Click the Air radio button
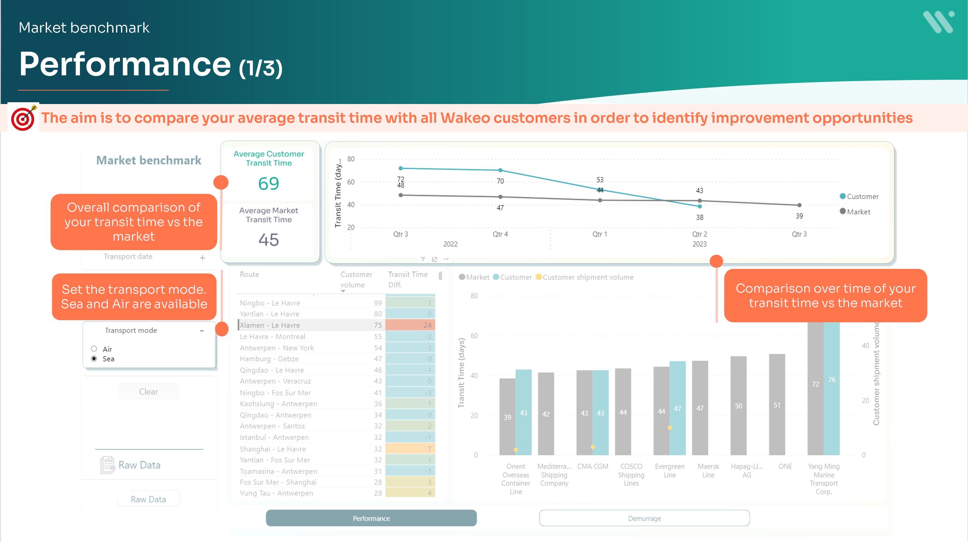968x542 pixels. pyautogui.click(x=94, y=349)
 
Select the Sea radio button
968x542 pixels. pyautogui.click(x=94, y=359)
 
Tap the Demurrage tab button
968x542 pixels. pyautogui.click(x=644, y=518)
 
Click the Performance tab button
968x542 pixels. pyautogui.click(x=371, y=518)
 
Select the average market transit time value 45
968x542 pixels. pyautogui.click(x=269, y=240)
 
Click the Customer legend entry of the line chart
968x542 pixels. pyautogui.click(x=859, y=197)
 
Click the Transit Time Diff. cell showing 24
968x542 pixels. pyautogui.click(x=410, y=325)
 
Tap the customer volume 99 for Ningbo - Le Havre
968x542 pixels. pyautogui.click(x=378, y=303)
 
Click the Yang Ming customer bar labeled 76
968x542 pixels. pyautogui.click(x=831, y=387)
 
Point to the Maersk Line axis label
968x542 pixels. pyautogui.click(x=708, y=471)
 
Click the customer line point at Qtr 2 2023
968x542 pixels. pyautogui.click(x=700, y=206)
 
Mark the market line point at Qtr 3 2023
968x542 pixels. pyautogui.click(x=799, y=205)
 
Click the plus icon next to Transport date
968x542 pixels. pyautogui.click(x=202, y=258)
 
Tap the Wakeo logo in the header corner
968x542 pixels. pyautogui.click(x=938, y=22)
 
